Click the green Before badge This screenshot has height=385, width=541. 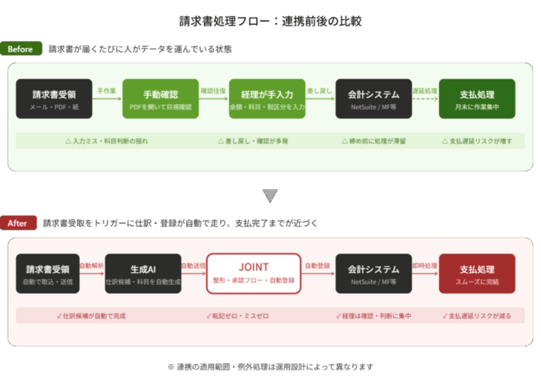click(21, 49)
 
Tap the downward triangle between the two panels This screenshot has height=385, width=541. click(270, 195)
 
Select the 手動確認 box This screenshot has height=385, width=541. click(161, 99)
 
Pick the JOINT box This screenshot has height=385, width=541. click(253, 273)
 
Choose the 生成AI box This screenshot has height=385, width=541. click(143, 273)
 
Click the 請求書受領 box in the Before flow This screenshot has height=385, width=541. click(54, 99)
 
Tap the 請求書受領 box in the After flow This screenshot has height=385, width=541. click(48, 273)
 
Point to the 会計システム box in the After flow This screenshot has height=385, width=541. click(373, 273)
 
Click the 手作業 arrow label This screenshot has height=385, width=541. click(107, 91)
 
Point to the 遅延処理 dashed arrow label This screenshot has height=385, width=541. click(424, 91)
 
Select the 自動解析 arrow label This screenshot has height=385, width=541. click(91, 265)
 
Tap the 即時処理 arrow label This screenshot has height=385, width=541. click(424, 265)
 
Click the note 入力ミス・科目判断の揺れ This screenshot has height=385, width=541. click(107, 141)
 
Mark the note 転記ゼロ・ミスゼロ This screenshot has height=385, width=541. click(236, 316)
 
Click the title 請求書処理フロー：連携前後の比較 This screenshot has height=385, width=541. click(270, 21)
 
